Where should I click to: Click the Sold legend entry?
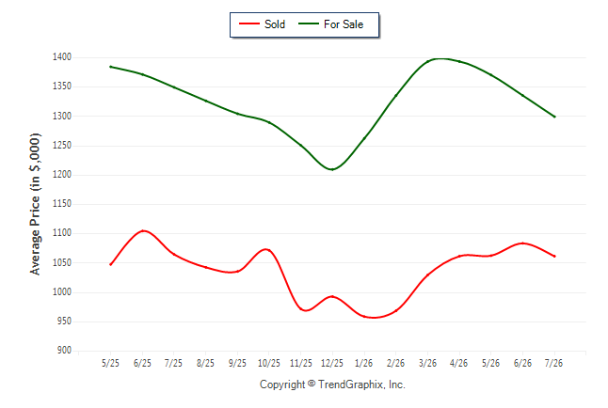[263, 24]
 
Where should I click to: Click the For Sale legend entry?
[330, 24]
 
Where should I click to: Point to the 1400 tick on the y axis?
[62, 57]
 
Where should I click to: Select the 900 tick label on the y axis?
[64, 351]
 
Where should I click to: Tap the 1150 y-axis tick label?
[62, 203]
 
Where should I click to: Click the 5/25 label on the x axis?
[110, 363]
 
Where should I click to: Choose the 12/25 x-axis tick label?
[332, 363]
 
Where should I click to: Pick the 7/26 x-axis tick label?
[553, 363]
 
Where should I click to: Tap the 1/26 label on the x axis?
[363, 363]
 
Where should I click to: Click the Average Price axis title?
[35, 204]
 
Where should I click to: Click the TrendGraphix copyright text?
[332, 384]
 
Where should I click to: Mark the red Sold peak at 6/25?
[143, 231]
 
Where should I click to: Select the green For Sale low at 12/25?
[332, 169]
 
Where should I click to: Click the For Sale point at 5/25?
[110, 67]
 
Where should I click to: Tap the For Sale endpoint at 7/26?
[554, 117]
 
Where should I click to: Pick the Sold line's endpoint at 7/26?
[554, 256]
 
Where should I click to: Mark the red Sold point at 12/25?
[332, 297]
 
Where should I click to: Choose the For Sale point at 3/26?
[427, 61]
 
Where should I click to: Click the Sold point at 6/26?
[522, 243]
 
